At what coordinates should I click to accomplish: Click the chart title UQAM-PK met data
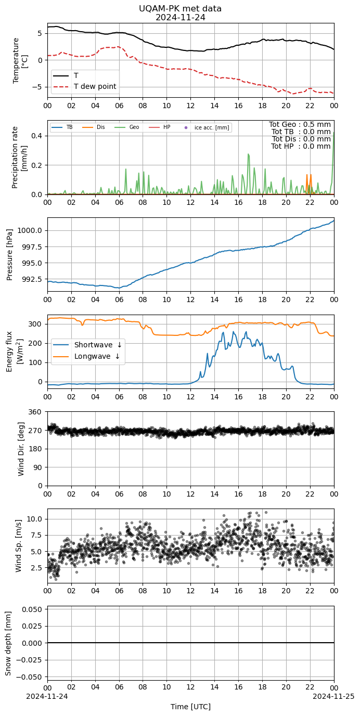[x=180, y=9]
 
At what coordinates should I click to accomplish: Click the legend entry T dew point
[x=95, y=86]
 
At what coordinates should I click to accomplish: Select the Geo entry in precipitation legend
[x=134, y=127]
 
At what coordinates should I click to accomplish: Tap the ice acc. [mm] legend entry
[x=212, y=127]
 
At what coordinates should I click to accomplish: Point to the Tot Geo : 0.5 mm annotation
[x=300, y=124]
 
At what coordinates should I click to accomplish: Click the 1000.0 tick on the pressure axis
[x=30, y=231]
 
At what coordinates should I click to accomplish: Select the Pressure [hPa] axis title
[x=9, y=255]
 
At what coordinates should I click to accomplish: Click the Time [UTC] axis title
[x=190, y=707]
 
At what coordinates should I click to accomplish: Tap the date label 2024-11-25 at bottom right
[x=333, y=696]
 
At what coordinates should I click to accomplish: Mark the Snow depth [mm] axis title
[x=8, y=643]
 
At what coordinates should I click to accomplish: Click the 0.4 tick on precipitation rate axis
[x=37, y=136]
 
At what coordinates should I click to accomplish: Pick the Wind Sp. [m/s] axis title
[x=18, y=545]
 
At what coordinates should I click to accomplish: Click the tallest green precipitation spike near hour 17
[x=249, y=154]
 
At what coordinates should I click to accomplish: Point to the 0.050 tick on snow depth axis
[x=32, y=609]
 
